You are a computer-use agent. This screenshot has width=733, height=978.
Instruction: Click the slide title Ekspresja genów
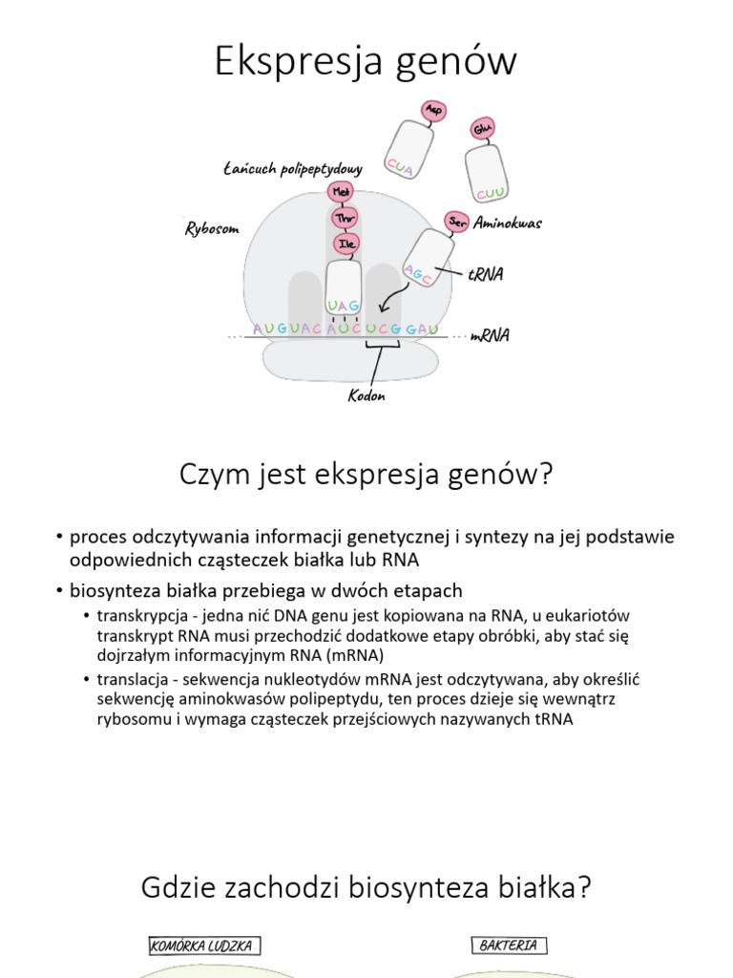[366, 61]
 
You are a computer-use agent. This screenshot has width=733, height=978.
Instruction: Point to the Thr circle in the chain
[343, 218]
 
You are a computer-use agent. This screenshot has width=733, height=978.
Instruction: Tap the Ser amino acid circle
[456, 222]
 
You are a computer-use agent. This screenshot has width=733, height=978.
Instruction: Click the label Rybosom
[211, 229]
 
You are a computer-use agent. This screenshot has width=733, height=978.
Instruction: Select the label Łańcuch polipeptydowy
[292, 169]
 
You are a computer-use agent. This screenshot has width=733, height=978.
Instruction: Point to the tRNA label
[486, 274]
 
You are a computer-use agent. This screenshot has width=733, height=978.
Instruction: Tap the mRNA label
[490, 335]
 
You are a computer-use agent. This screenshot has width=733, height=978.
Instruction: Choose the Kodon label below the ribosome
[366, 395]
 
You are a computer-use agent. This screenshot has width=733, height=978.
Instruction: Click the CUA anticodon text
[400, 168]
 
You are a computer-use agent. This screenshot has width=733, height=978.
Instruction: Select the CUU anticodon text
[492, 194]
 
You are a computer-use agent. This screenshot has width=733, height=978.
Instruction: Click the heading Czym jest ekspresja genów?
[366, 475]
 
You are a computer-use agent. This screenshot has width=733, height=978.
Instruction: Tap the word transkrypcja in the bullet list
[140, 615]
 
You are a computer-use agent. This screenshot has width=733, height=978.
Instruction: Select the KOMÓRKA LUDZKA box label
[204, 946]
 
